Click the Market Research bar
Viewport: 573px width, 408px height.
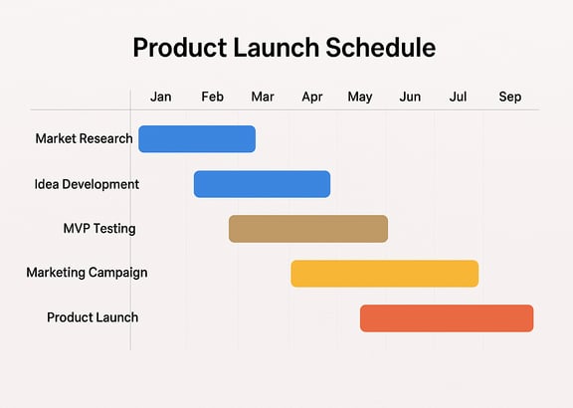click(x=197, y=139)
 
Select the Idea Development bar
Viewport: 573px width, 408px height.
click(x=262, y=184)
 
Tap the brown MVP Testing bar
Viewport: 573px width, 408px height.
click(x=308, y=229)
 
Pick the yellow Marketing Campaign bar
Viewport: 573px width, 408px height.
click(x=385, y=274)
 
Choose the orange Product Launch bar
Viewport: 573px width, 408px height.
click(x=447, y=318)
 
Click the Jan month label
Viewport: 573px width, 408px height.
click(x=161, y=97)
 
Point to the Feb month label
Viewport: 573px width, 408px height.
click(x=212, y=97)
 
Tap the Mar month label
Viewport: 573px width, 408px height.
click(x=263, y=97)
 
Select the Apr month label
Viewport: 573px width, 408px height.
click(x=312, y=98)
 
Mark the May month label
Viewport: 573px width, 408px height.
click(x=360, y=98)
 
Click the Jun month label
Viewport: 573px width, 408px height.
click(x=410, y=97)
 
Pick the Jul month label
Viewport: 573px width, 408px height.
click(x=458, y=97)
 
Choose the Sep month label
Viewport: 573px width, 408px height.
click(x=510, y=98)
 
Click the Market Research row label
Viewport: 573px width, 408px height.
click(x=84, y=138)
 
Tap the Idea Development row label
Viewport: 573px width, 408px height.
click(x=87, y=184)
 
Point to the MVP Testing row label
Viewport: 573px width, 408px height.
click(x=99, y=229)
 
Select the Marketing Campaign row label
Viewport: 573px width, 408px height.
click(x=87, y=273)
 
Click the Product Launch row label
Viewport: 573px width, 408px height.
click(x=93, y=317)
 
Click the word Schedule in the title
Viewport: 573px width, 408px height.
click(x=380, y=48)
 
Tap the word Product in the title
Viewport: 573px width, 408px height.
click(x=180, y=48)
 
